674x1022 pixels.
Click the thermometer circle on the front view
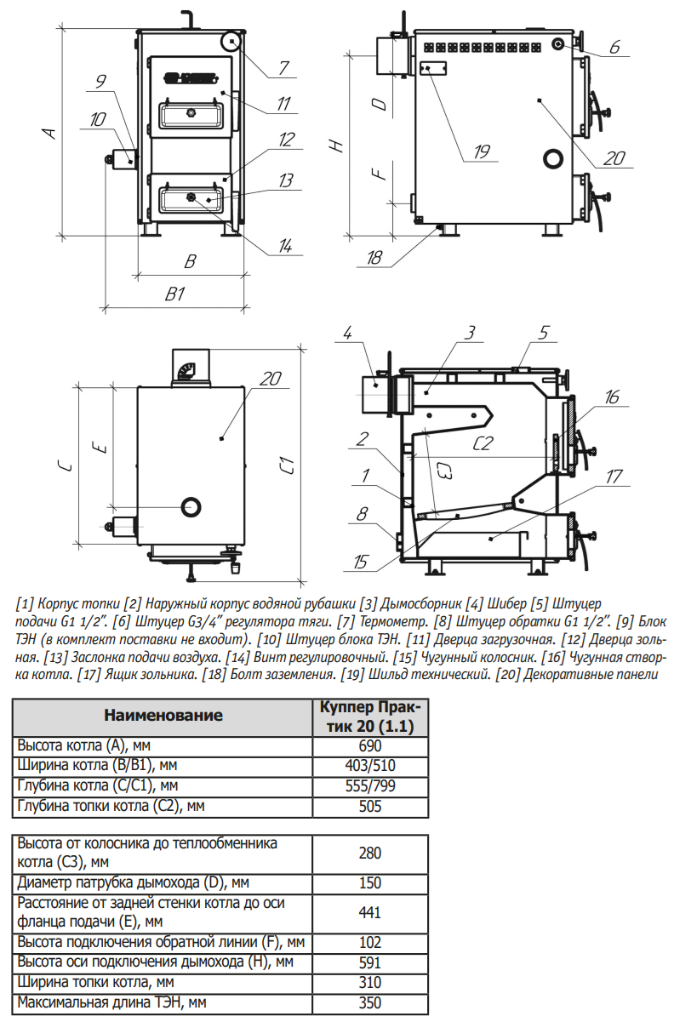pyautogui.click(x=231, y=41)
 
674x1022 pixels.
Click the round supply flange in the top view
pyautogui.click(x=191, y=506)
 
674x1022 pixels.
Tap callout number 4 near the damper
pyautogui.click(x=346, y=332)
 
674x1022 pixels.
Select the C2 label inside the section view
pyautogui.click(x=483, y=442)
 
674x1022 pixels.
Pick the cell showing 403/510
pyautogui.click(x=370, y=765)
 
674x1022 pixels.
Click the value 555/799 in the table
pyautogui.click(x=370, y=785)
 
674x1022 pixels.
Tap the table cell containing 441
pyautogui.click(x=370, y=912)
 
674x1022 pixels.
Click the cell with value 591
pyautogui.click(x=370, y=962)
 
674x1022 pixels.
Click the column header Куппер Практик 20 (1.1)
pyautogui.click(x=370, y=716)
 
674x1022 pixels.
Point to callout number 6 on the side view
pyautogui.click(x=615, y=46)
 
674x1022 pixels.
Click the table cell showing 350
pyautogui.click(x=370, y=1002)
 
